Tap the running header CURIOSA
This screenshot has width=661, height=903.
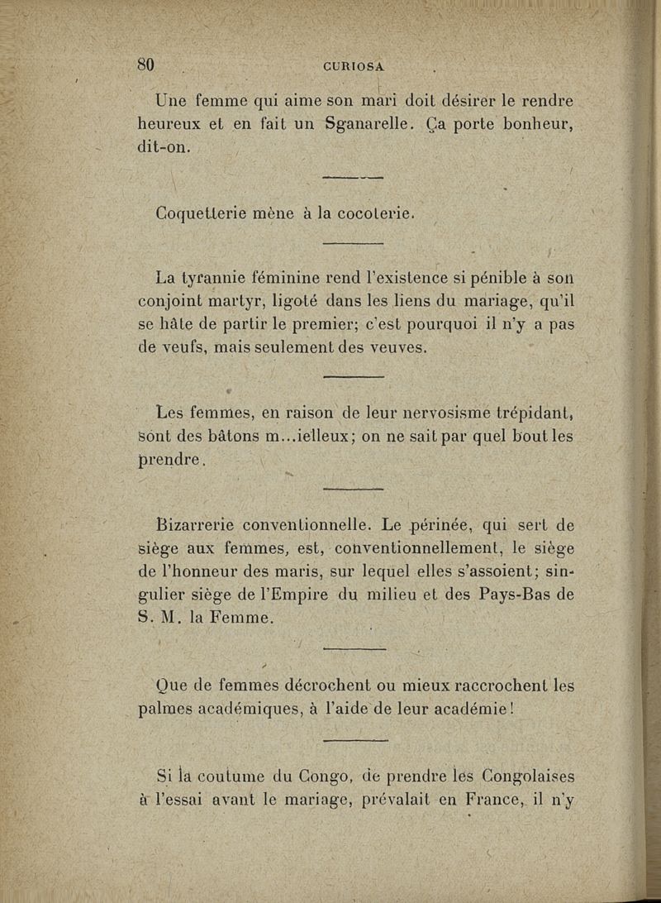coord(353,67)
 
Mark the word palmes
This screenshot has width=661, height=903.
coord(162,709)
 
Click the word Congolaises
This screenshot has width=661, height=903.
coord(517,776)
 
